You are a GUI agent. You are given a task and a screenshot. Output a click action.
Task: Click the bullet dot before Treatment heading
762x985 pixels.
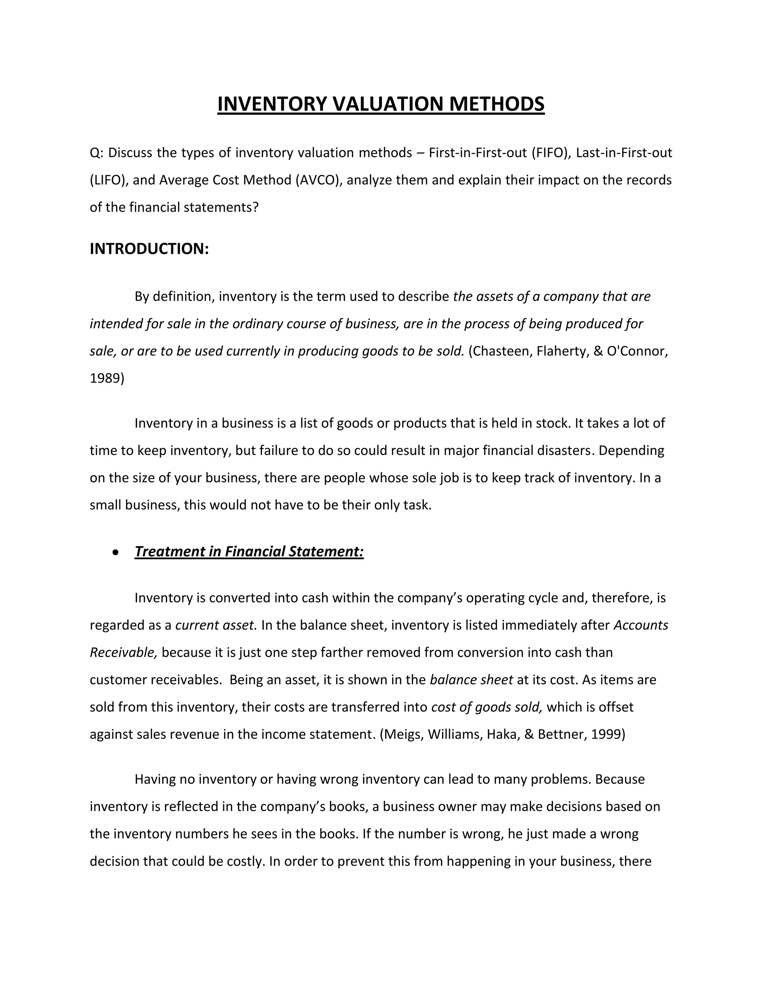[x=116, y=552]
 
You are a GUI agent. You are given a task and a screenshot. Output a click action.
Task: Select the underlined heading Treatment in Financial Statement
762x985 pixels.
[x=249, y=551]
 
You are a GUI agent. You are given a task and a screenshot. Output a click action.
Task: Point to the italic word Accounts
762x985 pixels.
[x=641, y=625]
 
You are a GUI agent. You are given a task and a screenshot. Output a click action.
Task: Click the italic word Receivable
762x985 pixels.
[x=123, y=652]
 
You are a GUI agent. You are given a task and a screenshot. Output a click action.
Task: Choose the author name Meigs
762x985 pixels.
[x=403, y=734]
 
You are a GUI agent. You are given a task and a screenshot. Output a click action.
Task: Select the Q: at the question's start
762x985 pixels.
[x=97, y=153]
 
